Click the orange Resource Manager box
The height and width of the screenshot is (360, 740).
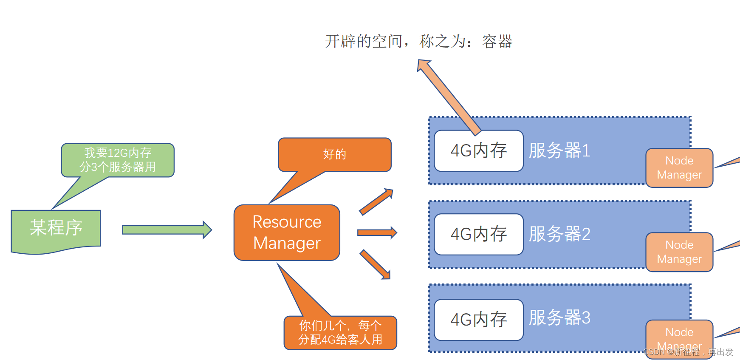pos(287,232)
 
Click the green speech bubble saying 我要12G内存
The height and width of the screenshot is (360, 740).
pos(118,160)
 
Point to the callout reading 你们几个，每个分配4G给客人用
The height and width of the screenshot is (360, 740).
pos(340,333)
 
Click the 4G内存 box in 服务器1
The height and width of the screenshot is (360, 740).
pos(478,151)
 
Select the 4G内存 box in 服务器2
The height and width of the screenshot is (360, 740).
pos(478,234)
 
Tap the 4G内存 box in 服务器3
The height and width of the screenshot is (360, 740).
pos(478,320)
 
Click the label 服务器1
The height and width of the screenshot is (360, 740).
pos(559,150)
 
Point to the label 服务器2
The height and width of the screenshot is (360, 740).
pos(559,234)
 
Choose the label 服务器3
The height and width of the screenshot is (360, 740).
pos(559,318)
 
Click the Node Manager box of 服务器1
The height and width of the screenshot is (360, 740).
pos(679,168)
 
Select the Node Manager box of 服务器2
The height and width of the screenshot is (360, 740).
pos(679,252)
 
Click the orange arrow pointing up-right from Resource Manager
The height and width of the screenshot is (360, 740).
pos(376,202)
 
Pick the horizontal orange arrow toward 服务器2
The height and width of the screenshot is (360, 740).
pos(376,232)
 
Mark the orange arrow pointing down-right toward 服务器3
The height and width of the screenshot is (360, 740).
pos(375,264)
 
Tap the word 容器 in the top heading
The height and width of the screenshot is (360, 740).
pos(497,42)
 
